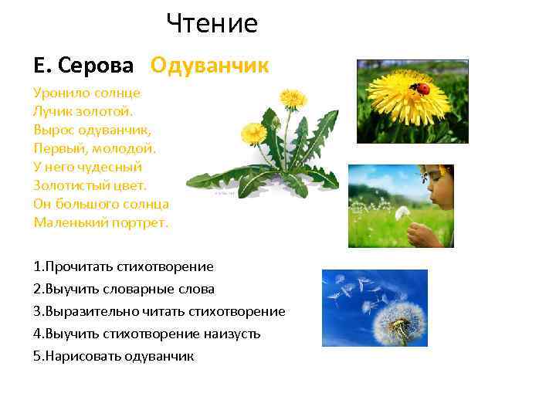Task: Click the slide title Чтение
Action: pos(211,24)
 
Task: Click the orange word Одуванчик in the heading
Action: pos(210,66)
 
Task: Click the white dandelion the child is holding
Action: pos(402,214)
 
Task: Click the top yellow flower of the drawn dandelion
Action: pos(293,98)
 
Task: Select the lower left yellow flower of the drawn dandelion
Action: pos(254,134)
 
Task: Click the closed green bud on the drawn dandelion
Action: pos(276,121)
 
